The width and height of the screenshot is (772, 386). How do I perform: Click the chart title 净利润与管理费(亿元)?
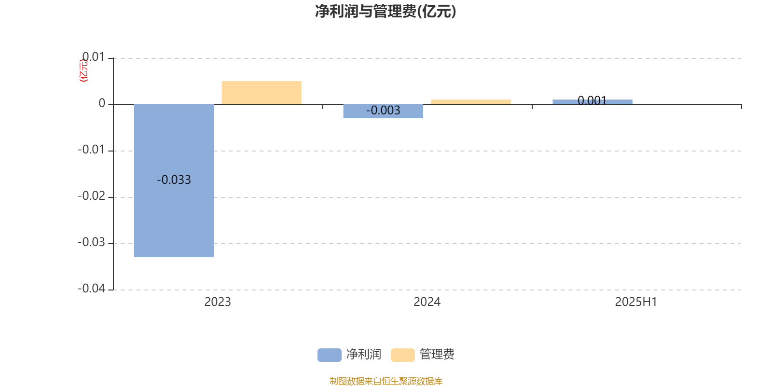386,12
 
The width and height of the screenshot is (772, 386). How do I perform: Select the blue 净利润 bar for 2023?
174,180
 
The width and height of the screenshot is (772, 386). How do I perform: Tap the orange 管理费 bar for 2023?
262,93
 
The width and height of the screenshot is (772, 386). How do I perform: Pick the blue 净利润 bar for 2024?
383,111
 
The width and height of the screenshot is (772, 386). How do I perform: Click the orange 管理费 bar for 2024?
471,102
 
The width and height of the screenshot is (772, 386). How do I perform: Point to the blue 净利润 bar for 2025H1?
593,102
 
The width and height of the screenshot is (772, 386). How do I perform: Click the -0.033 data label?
174,179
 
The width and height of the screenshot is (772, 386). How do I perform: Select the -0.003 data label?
383,110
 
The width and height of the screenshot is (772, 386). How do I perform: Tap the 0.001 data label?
592,101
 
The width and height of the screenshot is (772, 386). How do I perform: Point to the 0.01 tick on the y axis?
94,57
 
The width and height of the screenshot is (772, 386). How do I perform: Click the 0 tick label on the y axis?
102,103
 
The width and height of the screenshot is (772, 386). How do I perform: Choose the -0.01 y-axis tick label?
91,150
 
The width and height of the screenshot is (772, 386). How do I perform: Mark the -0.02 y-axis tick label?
91,196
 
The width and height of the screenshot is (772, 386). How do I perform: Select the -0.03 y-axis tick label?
91,242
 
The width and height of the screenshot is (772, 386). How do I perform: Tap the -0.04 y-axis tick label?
91,289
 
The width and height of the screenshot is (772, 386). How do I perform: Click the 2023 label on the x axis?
218,302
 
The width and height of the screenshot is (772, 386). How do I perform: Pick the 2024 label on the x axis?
427,302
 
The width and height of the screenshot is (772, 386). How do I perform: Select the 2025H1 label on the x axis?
636,302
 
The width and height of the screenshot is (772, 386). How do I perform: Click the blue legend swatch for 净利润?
330,355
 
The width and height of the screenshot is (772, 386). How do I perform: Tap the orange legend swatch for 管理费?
402,355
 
